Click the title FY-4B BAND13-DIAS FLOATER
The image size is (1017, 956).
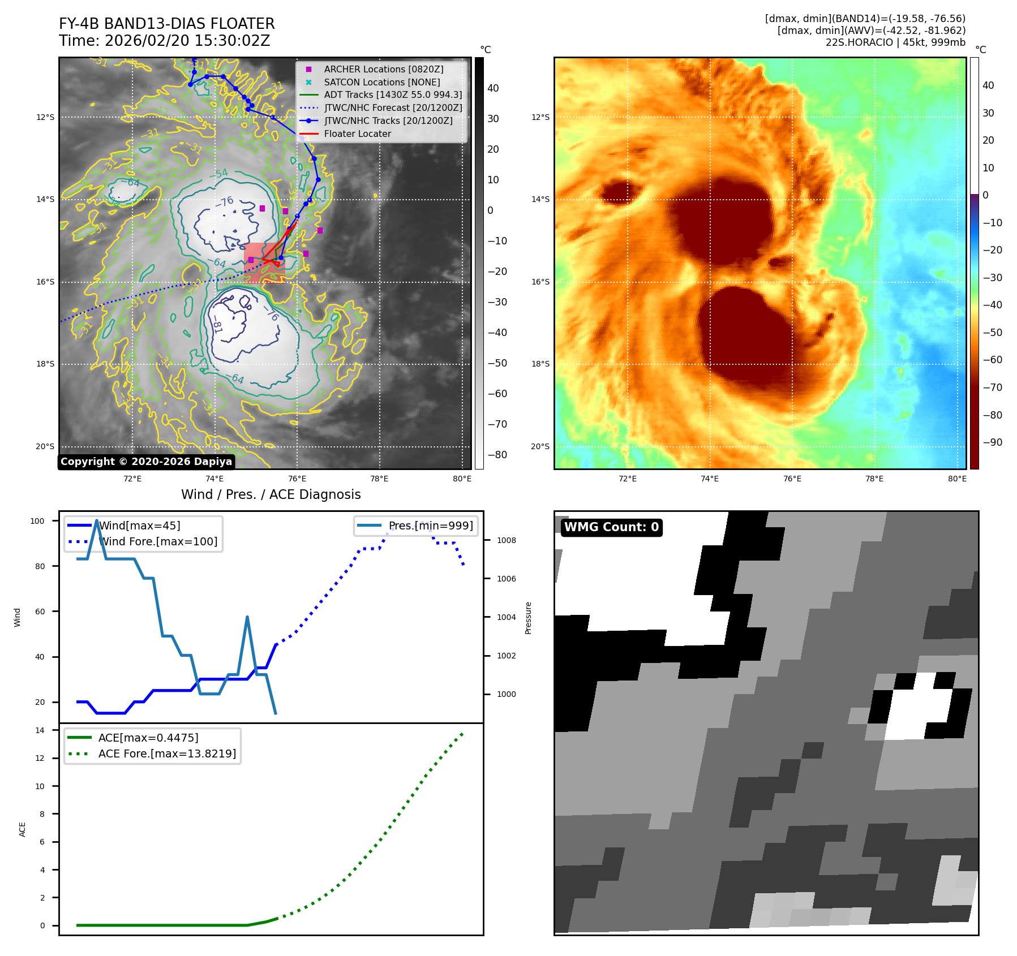pos(166,24)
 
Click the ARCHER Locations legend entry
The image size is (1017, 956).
pos(383,69)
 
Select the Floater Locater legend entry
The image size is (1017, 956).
pos(357,134)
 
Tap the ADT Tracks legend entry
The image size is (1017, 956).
pos(393,95)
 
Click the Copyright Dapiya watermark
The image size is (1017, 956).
pos(146,462)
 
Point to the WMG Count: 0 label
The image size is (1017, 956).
pos(611,527)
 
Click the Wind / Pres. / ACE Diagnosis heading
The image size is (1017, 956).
pos(271,494)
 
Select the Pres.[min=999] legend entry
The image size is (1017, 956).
pos(430,526)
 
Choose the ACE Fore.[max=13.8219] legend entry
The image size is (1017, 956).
pos(167,753)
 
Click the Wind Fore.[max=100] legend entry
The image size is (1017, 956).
pos(158,541)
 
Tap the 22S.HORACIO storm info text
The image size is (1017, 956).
pos(895,42)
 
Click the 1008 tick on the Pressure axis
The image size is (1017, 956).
pos(506,540)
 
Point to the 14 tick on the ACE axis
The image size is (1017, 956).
pos(40,730)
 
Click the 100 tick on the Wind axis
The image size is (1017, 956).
pos(37,521)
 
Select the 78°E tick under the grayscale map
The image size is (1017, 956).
pos(379,479)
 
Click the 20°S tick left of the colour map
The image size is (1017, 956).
pos(540,446)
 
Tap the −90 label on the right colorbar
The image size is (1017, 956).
pos(992,442)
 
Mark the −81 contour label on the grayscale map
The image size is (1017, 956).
pos(217,326)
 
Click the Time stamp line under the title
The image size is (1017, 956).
pos(164,41)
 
